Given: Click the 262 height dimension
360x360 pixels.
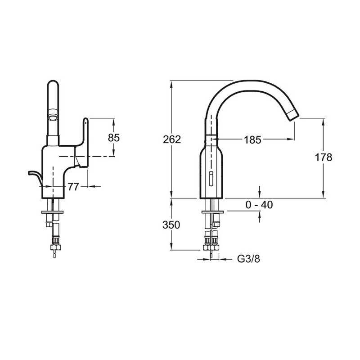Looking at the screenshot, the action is (x=172, y=139).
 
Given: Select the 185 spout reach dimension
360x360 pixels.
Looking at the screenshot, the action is (x=252, y=140).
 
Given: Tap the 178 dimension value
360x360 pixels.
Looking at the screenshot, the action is (x=324, y=157).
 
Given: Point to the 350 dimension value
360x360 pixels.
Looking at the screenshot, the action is (x=171, y=225).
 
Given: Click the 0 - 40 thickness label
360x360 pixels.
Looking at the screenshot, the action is (x=259, y=205).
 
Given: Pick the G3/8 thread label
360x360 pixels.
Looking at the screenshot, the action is (x=249, y=259).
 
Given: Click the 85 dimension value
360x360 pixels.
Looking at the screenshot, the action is (x=114, y=138).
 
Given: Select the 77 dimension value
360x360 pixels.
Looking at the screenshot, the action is (x=73, y=187).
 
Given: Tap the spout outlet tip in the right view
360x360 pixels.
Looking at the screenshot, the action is (x=293, y=115).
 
